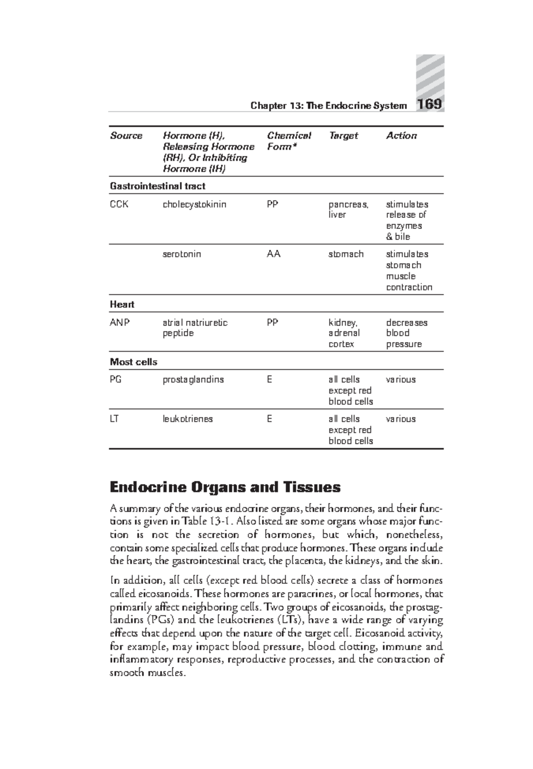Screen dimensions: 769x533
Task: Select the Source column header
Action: (126, 136)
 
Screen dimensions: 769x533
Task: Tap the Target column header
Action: (343, 136)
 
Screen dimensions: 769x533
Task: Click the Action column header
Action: (401, 136)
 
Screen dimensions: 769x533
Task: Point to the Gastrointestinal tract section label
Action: (157, 186)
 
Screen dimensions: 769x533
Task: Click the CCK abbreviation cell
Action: (119, 205)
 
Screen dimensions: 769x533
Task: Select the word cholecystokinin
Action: (194, 205)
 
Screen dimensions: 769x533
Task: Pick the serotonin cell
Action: (182, 254)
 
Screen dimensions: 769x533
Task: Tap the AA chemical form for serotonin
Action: (273, 254)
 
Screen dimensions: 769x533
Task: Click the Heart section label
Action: (122, 304)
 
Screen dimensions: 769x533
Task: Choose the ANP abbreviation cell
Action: (120, 323)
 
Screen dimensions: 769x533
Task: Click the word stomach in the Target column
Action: (346, 254)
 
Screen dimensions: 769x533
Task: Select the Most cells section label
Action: (133, 362)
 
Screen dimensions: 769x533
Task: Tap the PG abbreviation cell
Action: (115, 380)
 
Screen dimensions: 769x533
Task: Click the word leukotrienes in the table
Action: (187, 419)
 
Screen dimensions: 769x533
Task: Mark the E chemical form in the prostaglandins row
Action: (269, 380)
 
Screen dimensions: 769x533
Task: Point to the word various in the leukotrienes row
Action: (401, 419)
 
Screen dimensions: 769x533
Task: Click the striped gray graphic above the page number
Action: (430, 75)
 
